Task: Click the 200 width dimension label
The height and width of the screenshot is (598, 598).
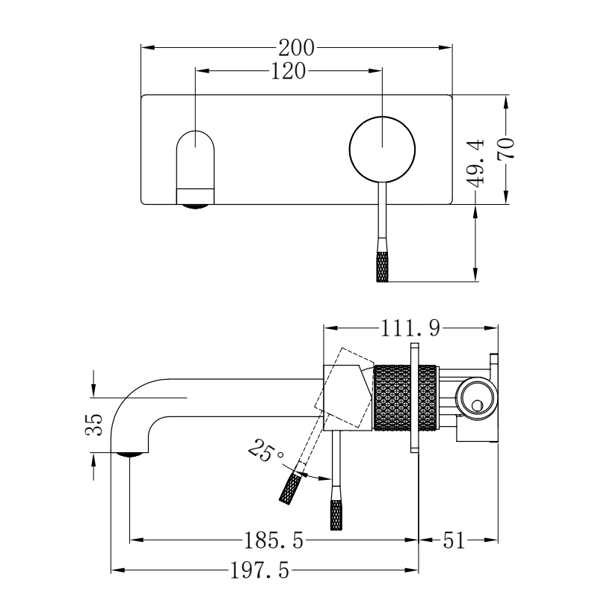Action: pos(297,49)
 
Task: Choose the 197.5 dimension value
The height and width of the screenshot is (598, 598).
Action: pos(258,572)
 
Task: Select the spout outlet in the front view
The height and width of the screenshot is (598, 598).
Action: pos(194,197)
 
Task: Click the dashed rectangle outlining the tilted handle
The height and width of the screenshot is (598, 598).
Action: pos(345,389)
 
